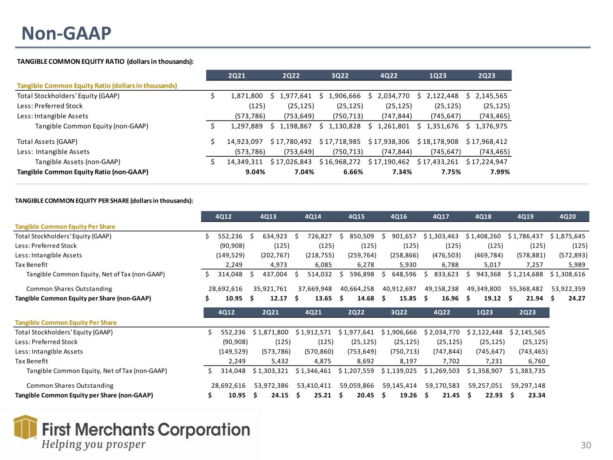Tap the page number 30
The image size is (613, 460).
586,445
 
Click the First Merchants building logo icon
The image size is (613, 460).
25,427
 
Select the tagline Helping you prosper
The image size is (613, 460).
93,445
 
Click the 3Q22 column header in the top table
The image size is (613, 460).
340,75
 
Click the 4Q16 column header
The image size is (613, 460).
398,217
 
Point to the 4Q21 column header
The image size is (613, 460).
312,312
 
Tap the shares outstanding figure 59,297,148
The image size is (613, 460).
528,385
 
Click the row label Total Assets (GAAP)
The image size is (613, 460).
47,142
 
